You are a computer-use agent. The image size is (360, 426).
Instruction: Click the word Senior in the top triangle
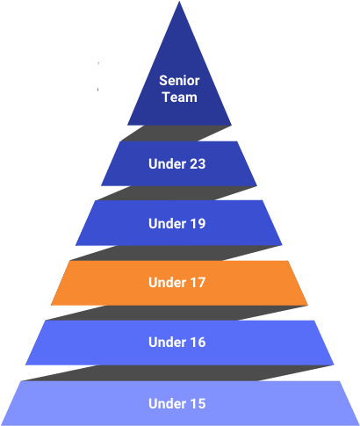point(179,81)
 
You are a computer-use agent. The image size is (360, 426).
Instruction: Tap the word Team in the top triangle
point(180,97)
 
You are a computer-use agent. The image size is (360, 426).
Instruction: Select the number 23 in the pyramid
point(196,163)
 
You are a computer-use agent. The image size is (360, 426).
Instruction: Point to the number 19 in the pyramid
point(196,223)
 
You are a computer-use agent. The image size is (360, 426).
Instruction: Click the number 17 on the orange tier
point(196,283)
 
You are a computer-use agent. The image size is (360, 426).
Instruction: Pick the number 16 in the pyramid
point(196,343)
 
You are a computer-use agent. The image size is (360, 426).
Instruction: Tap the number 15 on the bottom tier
point(196,403)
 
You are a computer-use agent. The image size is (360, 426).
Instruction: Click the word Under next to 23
point(166,163)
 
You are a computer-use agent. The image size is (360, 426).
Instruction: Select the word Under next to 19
point(166,223)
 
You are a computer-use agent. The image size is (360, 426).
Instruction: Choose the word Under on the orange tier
point(166,283)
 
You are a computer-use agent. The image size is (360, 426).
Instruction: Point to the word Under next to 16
point(166,343)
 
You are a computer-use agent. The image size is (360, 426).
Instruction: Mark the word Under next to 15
point(166,403)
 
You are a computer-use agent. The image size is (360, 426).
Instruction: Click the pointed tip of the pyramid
point(179,2)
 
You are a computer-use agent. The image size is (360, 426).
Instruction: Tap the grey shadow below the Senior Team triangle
point(176,134)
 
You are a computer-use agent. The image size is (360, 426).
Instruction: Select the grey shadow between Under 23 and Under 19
point(176,193)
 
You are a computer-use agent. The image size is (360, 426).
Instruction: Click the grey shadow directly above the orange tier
point(176,253)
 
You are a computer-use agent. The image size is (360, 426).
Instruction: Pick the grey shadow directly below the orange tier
point(176,313)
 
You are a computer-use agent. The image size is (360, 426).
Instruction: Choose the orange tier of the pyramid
point(179,283)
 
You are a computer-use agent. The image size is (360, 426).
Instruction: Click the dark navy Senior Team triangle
point(179,88)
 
